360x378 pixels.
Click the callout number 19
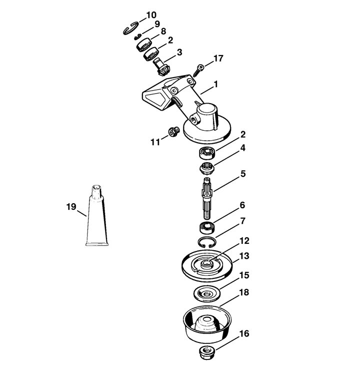coord(71,207)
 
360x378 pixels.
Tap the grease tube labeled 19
coord(97,216)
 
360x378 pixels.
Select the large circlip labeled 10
coord(131,28)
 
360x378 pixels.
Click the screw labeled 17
coord(198,70)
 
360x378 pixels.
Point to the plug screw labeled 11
coord(172,131)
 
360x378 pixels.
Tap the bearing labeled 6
coord(207,228)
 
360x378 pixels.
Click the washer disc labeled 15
coord(207,293)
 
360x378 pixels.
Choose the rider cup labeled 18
coord(207,324)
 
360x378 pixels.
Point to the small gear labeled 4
coord(207,168)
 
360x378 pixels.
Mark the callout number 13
coord(244,256)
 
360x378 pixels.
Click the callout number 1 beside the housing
coord(216,85)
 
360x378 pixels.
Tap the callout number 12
coord(244,241)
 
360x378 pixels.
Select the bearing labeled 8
coord(144,44)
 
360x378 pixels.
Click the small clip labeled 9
coord(137,37)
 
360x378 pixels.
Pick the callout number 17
coord(218,59)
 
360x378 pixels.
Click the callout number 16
coord(244,334)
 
